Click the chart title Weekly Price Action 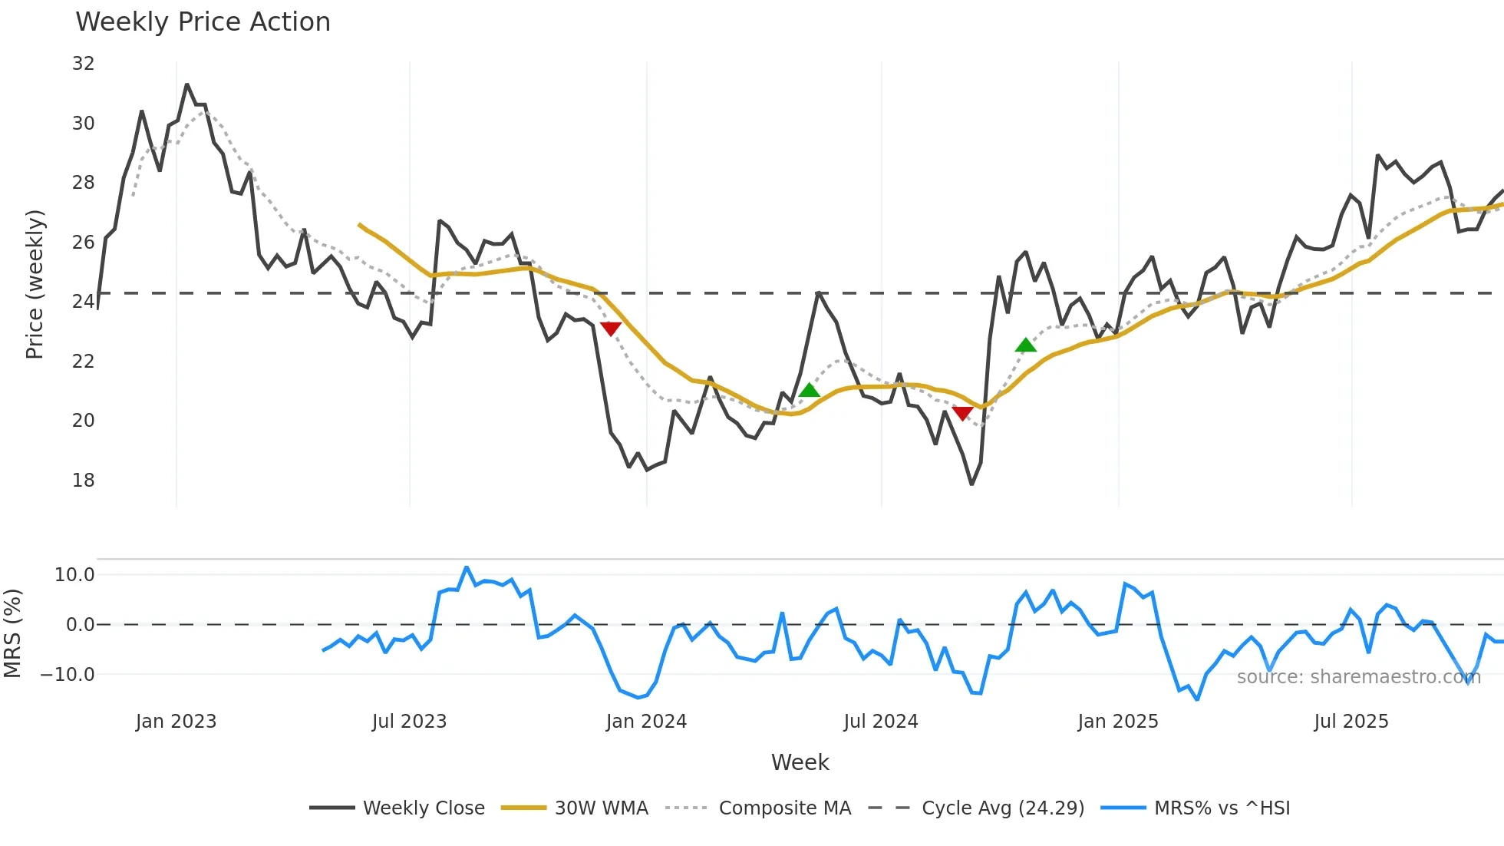[203, 22]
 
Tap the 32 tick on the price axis [83, 64]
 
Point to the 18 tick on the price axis [83, 481]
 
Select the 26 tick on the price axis [83, 243]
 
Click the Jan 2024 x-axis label [646, 722]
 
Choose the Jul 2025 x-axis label [1351, 722]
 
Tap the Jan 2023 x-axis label [176, 722]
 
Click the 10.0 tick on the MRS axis [74, 575]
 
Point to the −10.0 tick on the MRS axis [68, 675]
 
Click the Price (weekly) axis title [35, 284]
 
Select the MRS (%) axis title [12, 633]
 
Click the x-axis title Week [800, 762]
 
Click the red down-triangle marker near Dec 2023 [611, 329]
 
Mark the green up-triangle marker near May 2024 [809, 391]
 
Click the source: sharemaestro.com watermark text [1358, 677]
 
